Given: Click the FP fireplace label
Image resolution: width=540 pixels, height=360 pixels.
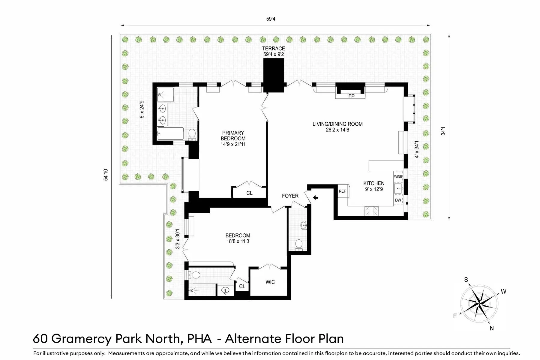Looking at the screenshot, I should [351, 96].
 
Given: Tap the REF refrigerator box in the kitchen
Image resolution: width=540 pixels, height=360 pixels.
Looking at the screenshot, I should [342, 191].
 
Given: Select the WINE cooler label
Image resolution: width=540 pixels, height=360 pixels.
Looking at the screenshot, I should [398, 177].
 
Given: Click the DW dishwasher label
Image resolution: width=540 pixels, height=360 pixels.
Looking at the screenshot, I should [398, 200].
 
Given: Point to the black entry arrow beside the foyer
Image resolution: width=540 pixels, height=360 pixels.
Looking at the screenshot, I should [316, 197].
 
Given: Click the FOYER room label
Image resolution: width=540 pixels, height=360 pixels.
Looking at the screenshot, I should [290, 196].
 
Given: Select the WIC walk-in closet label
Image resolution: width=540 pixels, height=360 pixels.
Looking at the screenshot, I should [270, 282].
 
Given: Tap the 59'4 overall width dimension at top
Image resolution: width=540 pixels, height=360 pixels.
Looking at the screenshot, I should [271, 19].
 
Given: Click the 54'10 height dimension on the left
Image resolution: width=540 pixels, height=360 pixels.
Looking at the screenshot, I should [106, 175].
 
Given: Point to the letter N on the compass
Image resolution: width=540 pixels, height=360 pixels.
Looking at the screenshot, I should [491, 328].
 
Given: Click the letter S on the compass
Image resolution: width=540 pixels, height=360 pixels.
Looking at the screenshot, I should [466, 280].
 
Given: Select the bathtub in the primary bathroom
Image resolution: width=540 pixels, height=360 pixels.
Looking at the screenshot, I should [170, 134].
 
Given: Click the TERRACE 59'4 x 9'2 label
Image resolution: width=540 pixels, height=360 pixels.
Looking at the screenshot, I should [273, 51].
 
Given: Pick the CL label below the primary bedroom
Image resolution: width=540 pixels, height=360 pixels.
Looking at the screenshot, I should [249, 193].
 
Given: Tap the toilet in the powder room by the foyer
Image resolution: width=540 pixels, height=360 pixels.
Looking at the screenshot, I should [299, 244].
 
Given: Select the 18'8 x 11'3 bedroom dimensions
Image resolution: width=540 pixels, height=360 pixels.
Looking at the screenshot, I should [238, 241].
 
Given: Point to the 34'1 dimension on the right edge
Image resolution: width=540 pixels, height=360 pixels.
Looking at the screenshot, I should [443, 131].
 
